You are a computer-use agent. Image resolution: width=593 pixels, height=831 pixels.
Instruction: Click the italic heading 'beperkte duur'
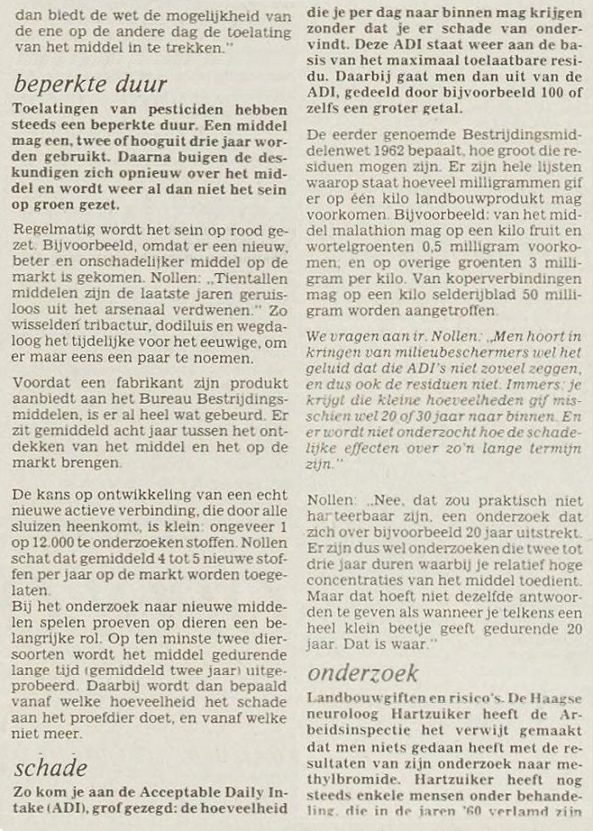pyautogui.click(x=91, y=85)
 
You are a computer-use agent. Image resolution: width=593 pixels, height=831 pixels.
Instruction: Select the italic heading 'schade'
pyautogui.click(x=51, y=767)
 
